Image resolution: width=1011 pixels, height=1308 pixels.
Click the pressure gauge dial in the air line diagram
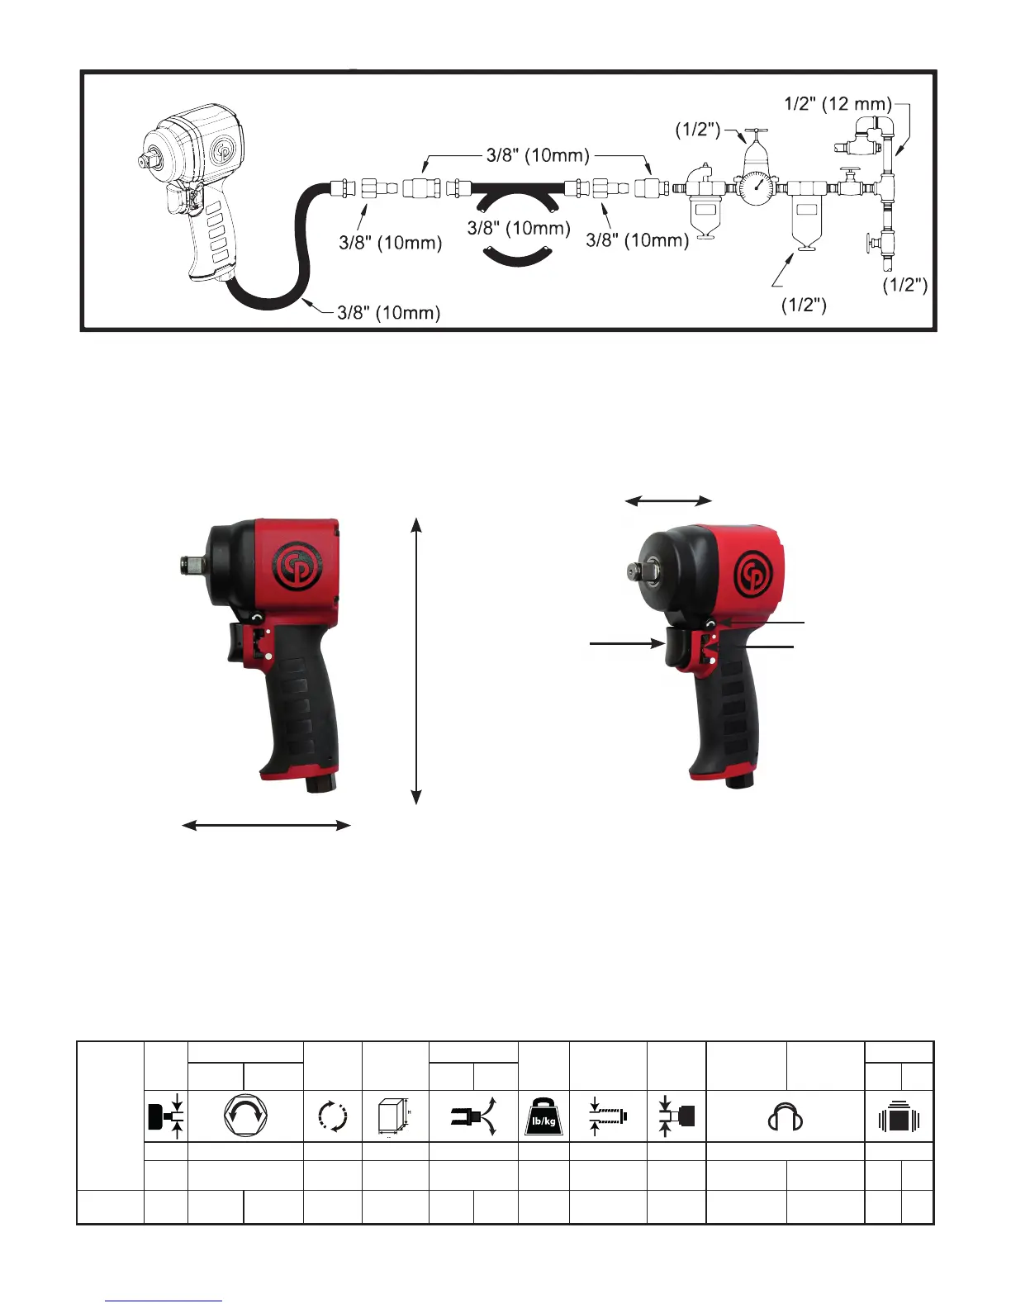757,188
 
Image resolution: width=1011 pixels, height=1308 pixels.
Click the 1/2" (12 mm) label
838,103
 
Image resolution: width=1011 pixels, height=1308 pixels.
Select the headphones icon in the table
786,1116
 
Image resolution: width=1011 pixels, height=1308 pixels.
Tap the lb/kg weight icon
543,1116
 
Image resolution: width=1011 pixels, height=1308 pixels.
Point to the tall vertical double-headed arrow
416,661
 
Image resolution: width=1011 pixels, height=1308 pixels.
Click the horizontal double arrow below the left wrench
266,825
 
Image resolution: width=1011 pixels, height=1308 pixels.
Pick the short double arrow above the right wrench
668,500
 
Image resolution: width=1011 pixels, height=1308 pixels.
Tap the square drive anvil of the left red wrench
192,565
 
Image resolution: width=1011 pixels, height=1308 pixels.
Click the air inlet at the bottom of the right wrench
739,781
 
